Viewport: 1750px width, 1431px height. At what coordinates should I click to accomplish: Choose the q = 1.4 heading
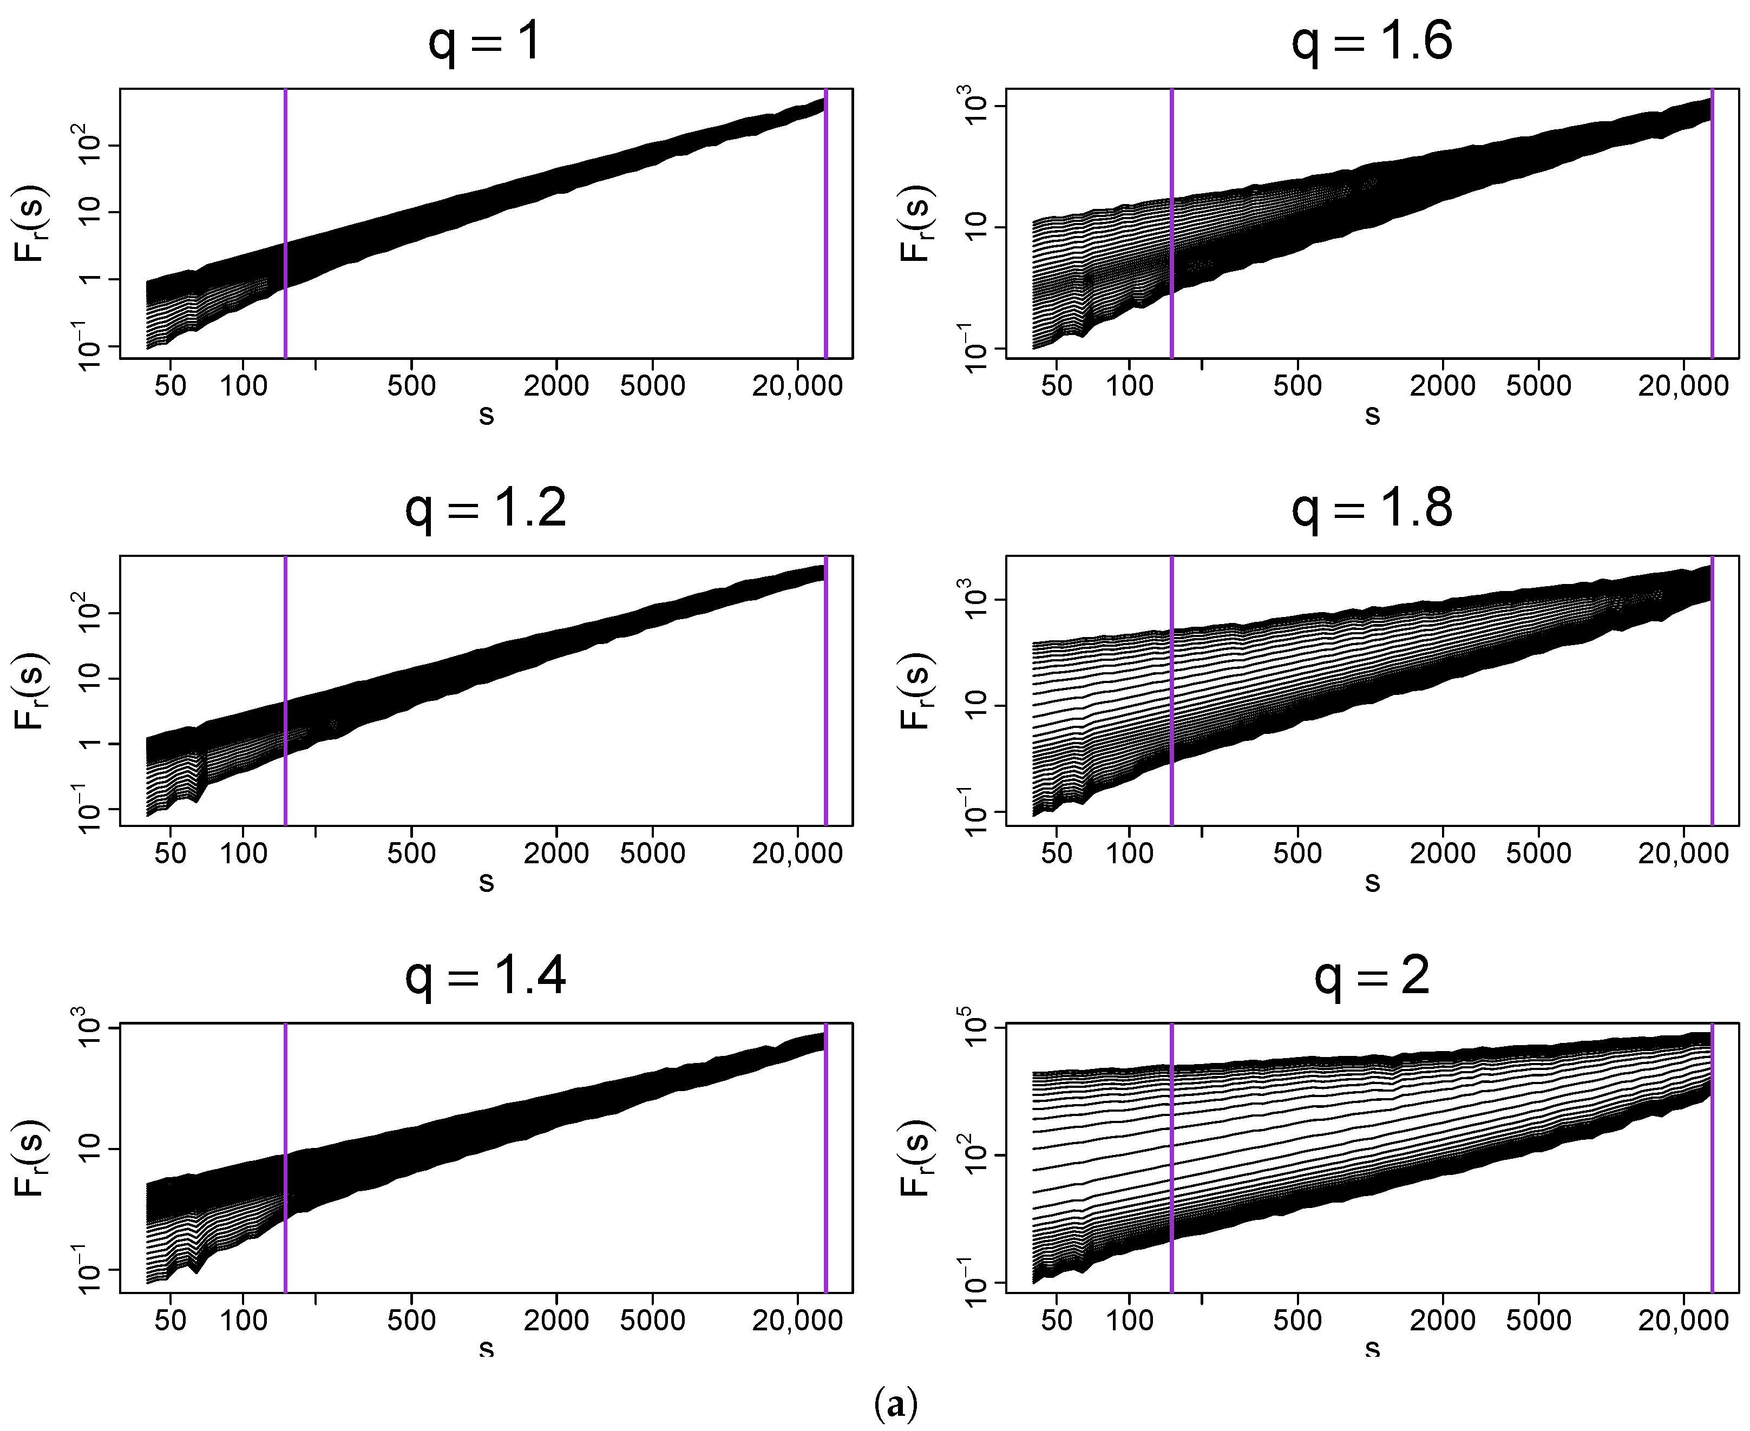486,977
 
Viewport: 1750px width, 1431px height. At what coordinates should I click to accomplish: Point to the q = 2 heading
1372,977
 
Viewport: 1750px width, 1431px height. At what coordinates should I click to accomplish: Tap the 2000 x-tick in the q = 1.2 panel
556,853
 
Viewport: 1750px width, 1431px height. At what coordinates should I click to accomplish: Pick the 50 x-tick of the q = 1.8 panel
1057,853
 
